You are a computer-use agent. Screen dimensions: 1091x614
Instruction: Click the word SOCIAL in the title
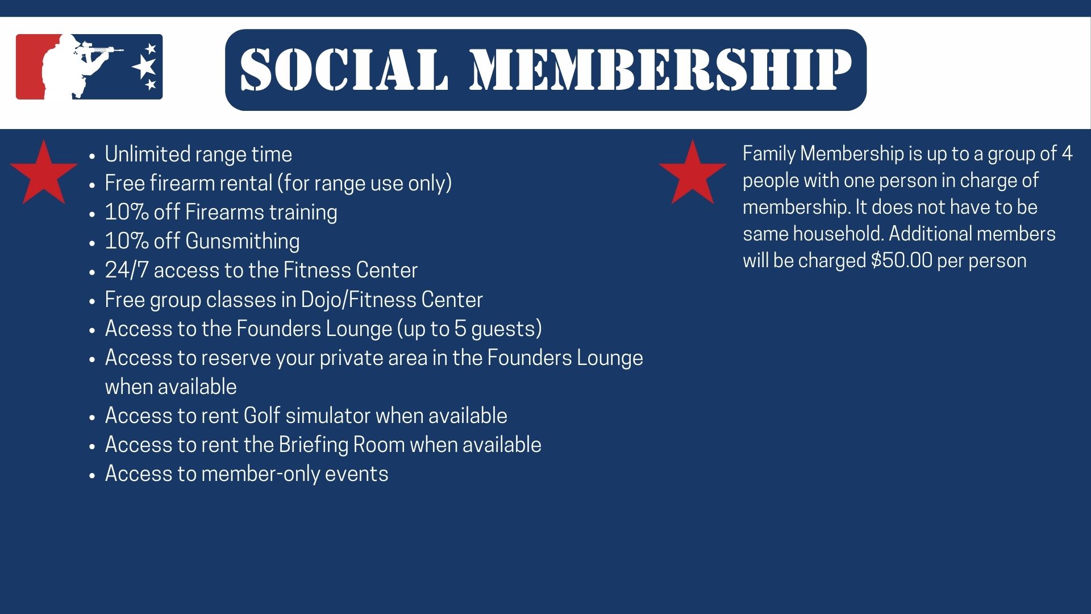(344, 69)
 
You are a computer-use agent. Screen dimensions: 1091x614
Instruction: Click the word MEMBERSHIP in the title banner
(661, 69)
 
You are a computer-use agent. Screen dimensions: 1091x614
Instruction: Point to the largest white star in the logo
(143, 67)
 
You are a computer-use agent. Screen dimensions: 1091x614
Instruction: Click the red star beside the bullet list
(43, 172)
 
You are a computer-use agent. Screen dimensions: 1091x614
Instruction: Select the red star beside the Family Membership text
(692, 172)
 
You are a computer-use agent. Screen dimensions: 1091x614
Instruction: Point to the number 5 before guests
(460, 329)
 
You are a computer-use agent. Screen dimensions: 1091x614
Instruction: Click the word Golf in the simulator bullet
(261, 416)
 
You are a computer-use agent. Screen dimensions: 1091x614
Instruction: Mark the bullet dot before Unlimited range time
(93, 156)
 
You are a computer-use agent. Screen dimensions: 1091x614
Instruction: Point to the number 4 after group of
(1067, 153)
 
